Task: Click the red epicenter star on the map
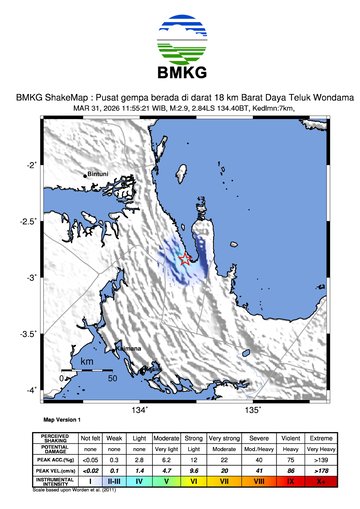tap(185, 259)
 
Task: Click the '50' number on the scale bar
tap(113, 378)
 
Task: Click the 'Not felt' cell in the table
tap(91, 438)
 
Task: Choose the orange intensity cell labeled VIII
tap(258, 482)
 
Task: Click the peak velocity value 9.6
tap(196, 470)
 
